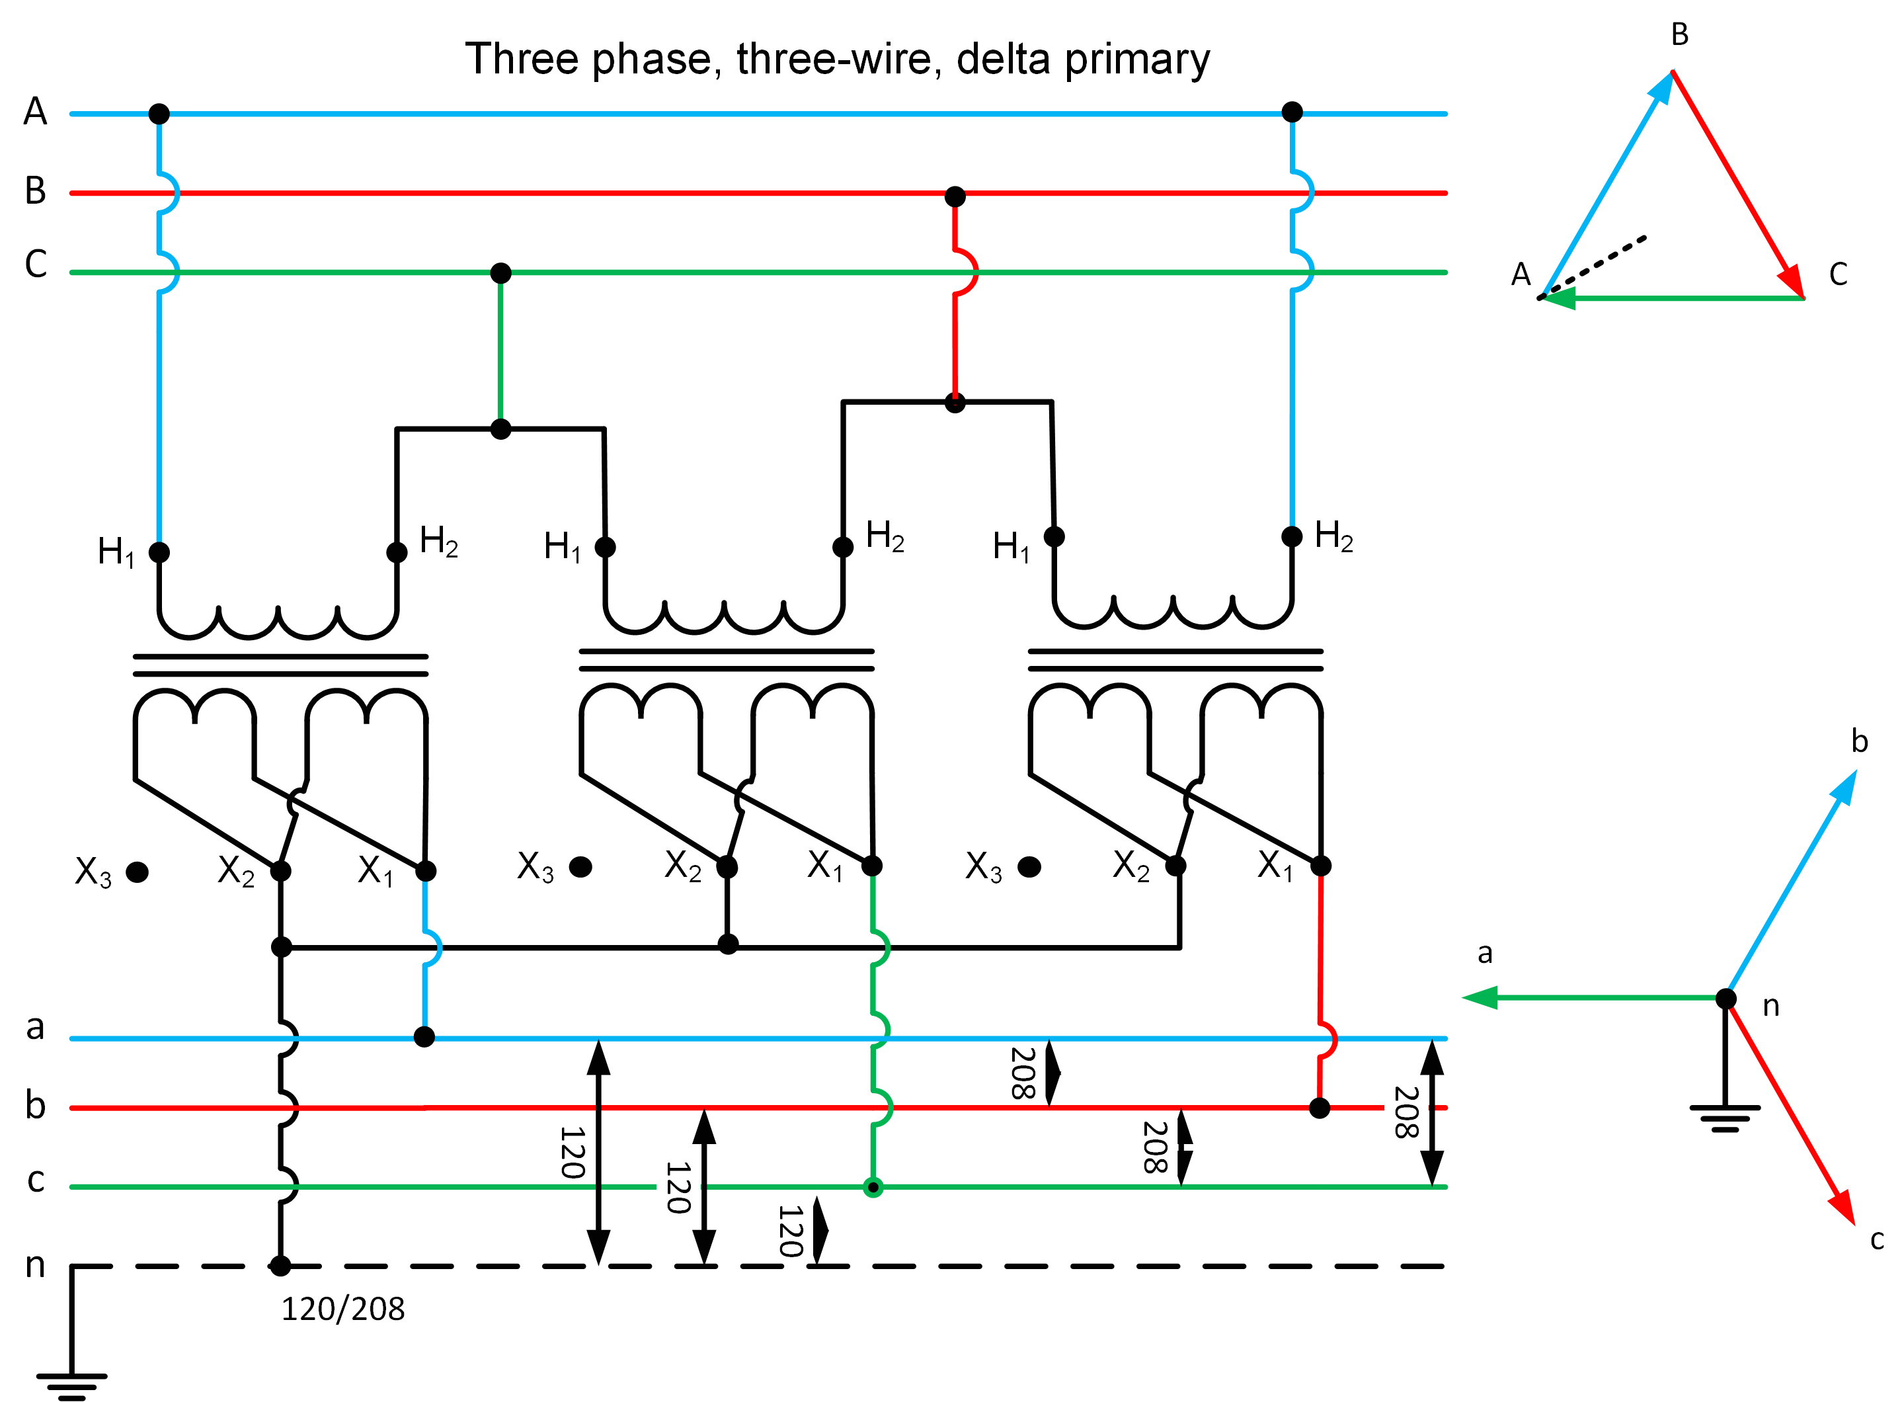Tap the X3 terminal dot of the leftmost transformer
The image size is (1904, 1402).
pos(137,872)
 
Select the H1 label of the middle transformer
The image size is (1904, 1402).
pos(562,548)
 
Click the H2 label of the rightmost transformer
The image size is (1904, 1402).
pos(1333,536)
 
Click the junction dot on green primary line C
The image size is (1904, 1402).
pos(500,273)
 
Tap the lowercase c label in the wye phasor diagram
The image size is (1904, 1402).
pos(1877,1240)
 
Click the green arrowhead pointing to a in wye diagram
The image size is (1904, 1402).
pos(1481,998)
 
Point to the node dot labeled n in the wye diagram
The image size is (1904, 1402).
pos(1725,999)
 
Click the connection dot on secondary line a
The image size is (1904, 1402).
pos(424,1036)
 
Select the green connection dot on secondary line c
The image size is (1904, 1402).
pos(872,1187)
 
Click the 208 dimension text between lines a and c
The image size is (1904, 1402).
pos(1406,1112)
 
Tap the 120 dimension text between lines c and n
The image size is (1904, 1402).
pos(790,1231)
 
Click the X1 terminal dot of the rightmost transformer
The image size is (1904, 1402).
pos(1321,866)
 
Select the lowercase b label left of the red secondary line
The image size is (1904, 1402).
pos(35,1106)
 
